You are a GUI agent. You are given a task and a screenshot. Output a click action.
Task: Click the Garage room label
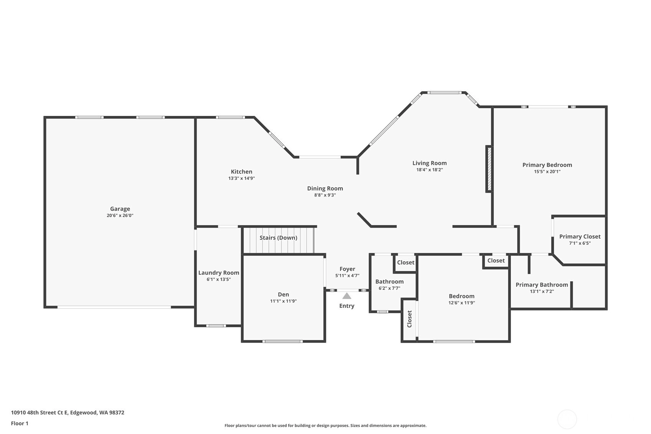click(120, 209)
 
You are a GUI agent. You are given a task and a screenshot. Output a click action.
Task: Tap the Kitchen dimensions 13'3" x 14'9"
click(242, 178)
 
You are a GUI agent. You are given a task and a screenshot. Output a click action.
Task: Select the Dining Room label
click(325, 188)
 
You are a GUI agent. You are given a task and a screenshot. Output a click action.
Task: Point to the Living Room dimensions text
click(430, 170)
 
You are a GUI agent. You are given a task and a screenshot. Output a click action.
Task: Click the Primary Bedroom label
click(547, 165)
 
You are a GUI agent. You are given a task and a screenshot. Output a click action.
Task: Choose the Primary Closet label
click(580, 237)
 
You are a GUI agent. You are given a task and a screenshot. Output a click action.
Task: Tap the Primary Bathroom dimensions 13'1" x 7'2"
click(542, 291)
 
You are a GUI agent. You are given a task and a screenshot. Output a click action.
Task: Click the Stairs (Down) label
click(279, 238)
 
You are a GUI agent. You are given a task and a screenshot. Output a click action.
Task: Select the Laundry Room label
click(219, 273)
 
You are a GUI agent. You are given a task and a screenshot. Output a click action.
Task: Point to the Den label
click(283, 294)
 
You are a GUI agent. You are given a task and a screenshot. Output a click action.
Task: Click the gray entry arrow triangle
click(347, 296)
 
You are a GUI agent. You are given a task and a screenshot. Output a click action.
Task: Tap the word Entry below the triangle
click(347, 306)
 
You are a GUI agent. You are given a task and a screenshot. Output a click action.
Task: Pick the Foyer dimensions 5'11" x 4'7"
click(347, 276)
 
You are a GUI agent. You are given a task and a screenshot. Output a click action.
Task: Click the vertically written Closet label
click(409, 319)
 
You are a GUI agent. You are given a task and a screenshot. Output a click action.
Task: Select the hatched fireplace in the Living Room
click(489, 169)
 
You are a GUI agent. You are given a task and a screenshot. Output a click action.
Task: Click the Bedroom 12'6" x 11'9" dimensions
click(461, 303)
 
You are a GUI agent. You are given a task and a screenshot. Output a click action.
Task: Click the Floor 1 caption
click(20, 423)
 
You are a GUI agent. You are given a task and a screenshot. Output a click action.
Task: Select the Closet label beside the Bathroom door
click(406, 262)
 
